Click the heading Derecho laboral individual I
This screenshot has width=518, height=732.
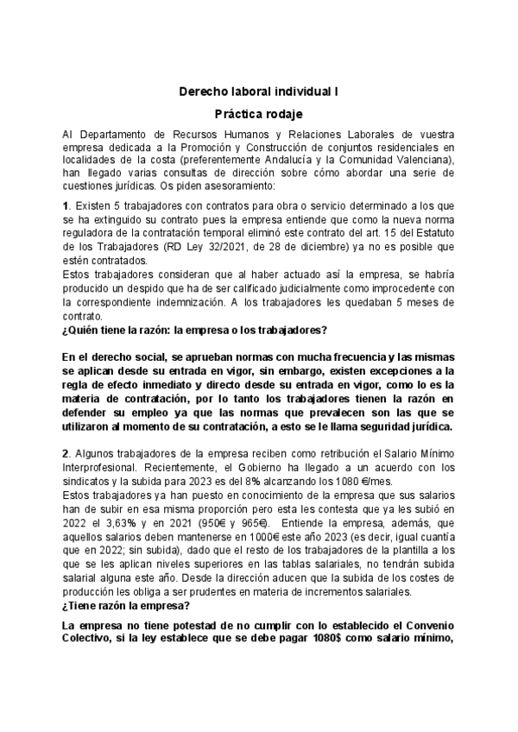click(x=259, y=90)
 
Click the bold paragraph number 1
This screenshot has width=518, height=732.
click(x=66, y=205)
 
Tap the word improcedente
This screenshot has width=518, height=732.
click(x=396, y=288)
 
